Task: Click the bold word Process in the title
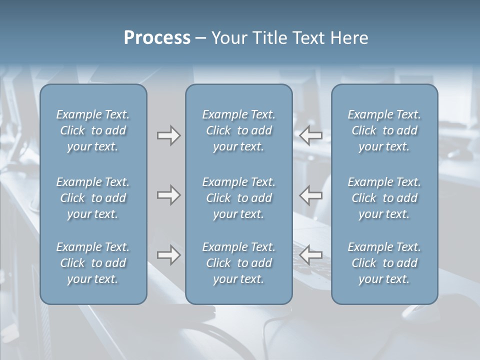point(157,38)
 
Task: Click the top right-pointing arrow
point(169,135)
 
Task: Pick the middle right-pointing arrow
point(169,195)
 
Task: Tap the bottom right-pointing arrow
point(169,255)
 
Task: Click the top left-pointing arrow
point(311,135)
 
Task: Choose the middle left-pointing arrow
point(311,195)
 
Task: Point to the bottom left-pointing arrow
point(311,255)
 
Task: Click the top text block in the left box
point(93,130)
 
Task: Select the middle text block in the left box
point(93,198)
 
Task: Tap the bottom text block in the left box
point(93,263)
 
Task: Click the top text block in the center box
point(239,130)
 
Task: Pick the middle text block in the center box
point(239,198)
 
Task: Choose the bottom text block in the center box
point(239,263)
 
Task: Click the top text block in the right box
point(384,130)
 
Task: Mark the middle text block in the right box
point(384,198)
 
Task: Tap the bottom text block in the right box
point(384,263)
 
